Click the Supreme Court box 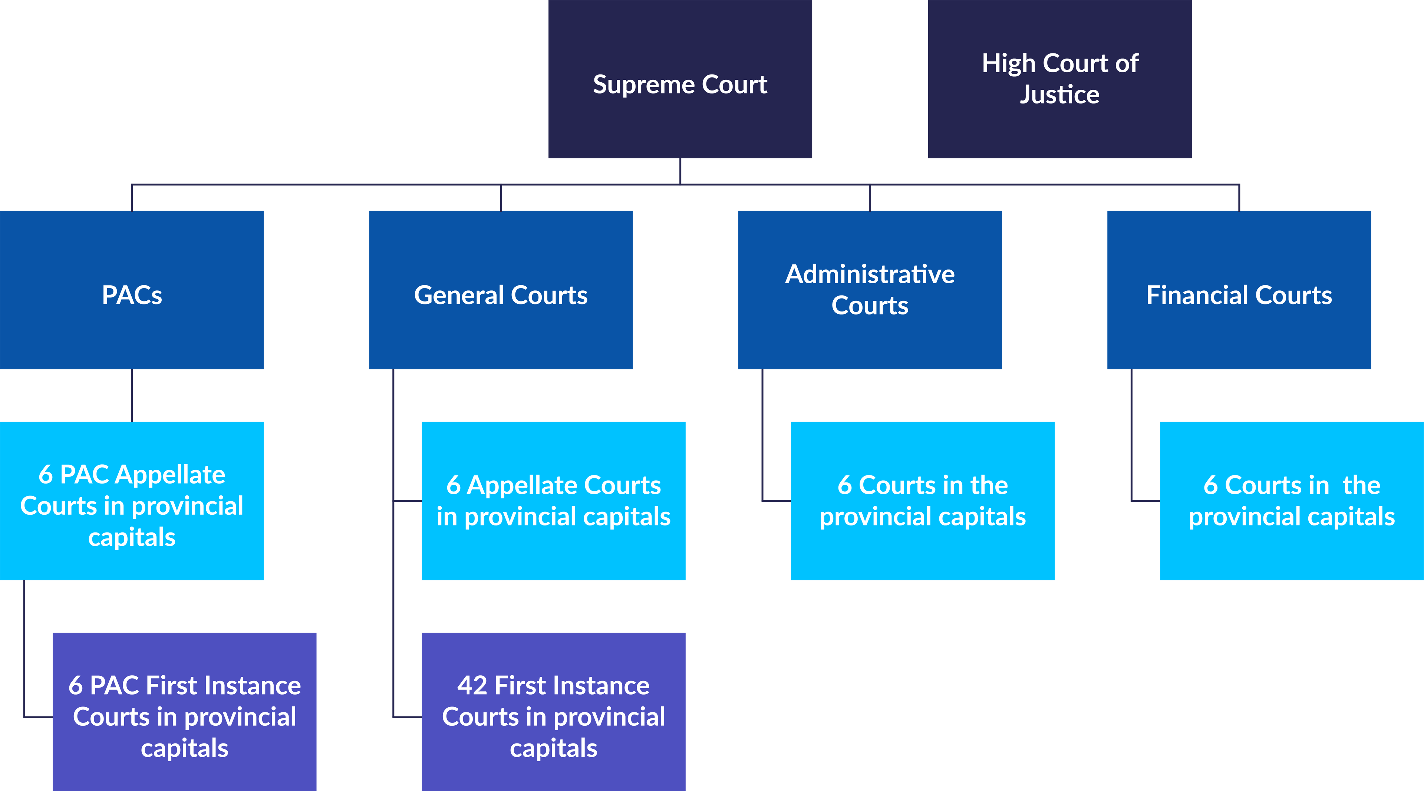coord(680,80)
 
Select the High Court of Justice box coord(1060,80)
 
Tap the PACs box coord(132,290)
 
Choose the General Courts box coord(501,290)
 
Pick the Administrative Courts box coord(870,290)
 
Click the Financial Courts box coord(1239,290)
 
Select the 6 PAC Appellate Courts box coord(132,501)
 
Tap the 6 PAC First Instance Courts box coord(185,711)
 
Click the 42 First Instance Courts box coord(553,711)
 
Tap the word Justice coord(1060,95)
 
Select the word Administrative coord(870,274)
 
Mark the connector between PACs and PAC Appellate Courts coord(132,395)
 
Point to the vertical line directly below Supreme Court coord(680,171)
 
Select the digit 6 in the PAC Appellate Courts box coord(45,475)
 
